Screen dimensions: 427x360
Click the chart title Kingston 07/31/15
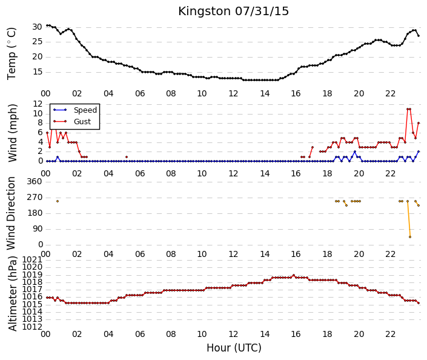pyautogui.click(x=233, y=12)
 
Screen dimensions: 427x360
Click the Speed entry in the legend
pyautogui.click(x=85, y=110)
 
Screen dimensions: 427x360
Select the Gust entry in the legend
pyautogui.click(x=82, y=122)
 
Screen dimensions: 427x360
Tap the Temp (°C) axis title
pyautogui.click(x=12, y=54)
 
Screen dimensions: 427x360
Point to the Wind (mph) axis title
pyautogui.click(x=12, y=133)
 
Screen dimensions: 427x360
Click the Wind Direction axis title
pyautogui.click(x=11, y=213)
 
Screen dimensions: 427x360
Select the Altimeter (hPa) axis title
pyautogui.click(x=12, y=293)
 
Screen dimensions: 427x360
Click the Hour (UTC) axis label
pyautogui.click(x=234, y=348)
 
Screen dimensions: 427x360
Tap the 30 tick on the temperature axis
pyautogui.click(x=37, y=27)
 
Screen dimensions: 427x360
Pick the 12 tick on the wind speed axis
pyautogui.click(x=38, y=104)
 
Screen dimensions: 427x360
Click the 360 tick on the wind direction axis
pyautogui.click(x=35, y=181)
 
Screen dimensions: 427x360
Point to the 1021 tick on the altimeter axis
pyautogui.click(x=32, y=259)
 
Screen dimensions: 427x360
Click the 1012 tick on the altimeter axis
pyautogui.click(x=32, y=327)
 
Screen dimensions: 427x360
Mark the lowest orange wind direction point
pyautogui.click(x=410, y=237)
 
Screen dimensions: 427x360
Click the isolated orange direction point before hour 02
pyautogui.click(x=58, y=201)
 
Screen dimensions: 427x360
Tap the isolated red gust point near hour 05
pyautogui.click(x=127, y=157)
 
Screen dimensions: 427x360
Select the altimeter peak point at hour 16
pyautogui.click(x=294, y=275)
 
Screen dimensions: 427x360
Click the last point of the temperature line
pyautogui.click(x=419, y=36)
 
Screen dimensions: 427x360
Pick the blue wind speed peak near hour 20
pyautogui.click(x=355, y=152)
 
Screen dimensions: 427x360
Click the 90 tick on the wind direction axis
pyautogui.click(x=37, y=228)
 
